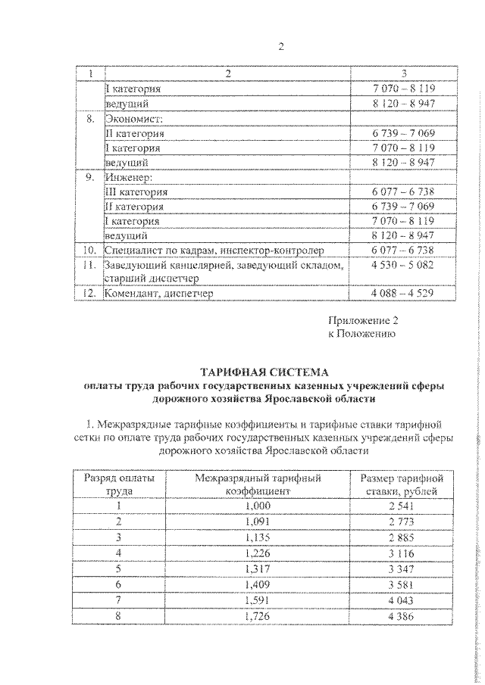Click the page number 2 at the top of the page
pyautogui.click(x=280, y=47)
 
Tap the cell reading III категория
pyautogui.click(x=136, y=191)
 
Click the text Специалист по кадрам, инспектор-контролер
pyautogui.click(x=214, y=250)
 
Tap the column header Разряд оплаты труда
pyautogui.click(x=118, y=484)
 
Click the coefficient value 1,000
pyautogui.click(x=258, y=506)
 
